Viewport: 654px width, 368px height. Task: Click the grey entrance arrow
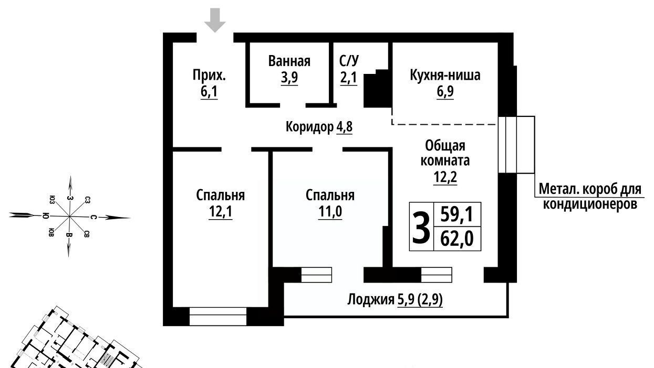[x=215, y=20]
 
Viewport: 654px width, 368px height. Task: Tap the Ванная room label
[x=289, y=61]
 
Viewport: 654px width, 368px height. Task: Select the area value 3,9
[x=289, y=78]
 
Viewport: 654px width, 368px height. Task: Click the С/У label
[x=349, y=61]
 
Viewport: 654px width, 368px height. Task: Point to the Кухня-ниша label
[x=445, y=75]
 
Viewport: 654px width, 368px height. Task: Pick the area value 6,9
[x=445, y=92]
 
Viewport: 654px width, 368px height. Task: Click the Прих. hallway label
[x=210, y=75]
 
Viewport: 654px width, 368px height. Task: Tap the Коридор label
[x=309, y=127]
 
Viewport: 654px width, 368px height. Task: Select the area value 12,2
[x=445, y=177]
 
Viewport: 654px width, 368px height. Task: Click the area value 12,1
[x=221, y=211]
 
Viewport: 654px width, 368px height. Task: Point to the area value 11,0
[x=330, y=211]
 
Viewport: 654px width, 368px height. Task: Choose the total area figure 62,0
[x=457, y=239]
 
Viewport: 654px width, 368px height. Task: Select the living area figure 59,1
[x=456, y=215]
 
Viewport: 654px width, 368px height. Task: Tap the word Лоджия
[x=371, y=299]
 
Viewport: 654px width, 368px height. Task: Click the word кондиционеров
[x=590, y=204]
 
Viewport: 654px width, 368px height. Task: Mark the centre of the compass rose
[x=69, y=216]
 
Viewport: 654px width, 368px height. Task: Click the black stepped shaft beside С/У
[x=376, y=89]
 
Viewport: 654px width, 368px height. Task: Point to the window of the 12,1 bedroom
[x=218, y=316]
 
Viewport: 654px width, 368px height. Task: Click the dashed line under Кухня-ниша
[x=444, y=124]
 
